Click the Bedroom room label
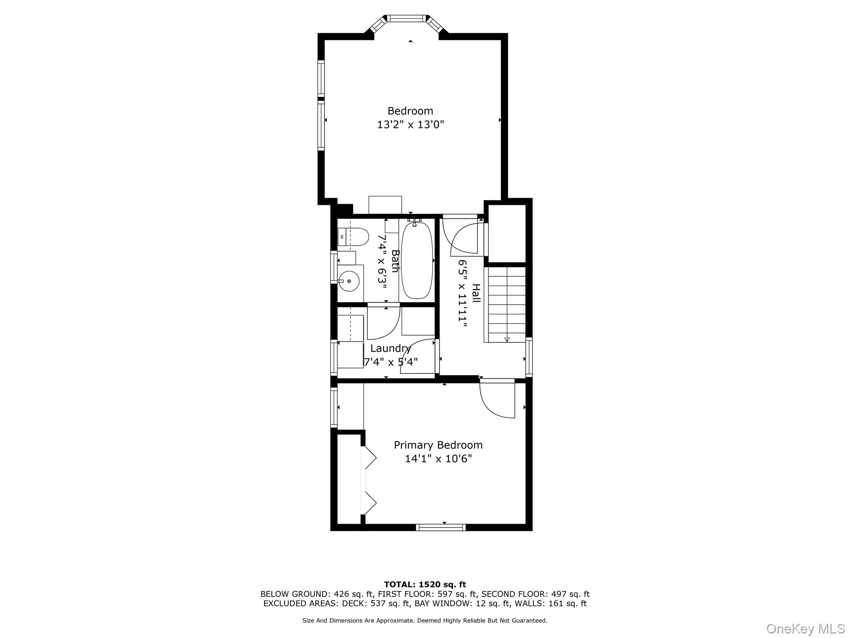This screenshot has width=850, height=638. tap(410, 111)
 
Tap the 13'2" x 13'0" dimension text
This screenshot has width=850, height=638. tap(410, 125)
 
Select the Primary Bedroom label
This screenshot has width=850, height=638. tap(438, 445)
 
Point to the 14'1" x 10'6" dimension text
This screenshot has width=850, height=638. tap(438, 459)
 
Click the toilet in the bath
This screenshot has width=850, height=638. tap(354, 237)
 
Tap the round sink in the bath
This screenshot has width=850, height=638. tap(349, 281)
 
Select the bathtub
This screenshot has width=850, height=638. tap(417, 260)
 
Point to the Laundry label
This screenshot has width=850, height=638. tap(390, 348)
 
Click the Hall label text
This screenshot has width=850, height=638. tap(476, 293)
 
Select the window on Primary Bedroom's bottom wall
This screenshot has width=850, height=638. tap(440, 528)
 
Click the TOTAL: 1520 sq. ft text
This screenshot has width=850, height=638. tap(425, 585)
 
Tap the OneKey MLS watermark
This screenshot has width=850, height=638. tap(805, 628)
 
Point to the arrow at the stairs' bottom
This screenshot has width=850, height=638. tap(507, 339)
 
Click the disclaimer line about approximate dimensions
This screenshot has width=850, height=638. tap(425, 621)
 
